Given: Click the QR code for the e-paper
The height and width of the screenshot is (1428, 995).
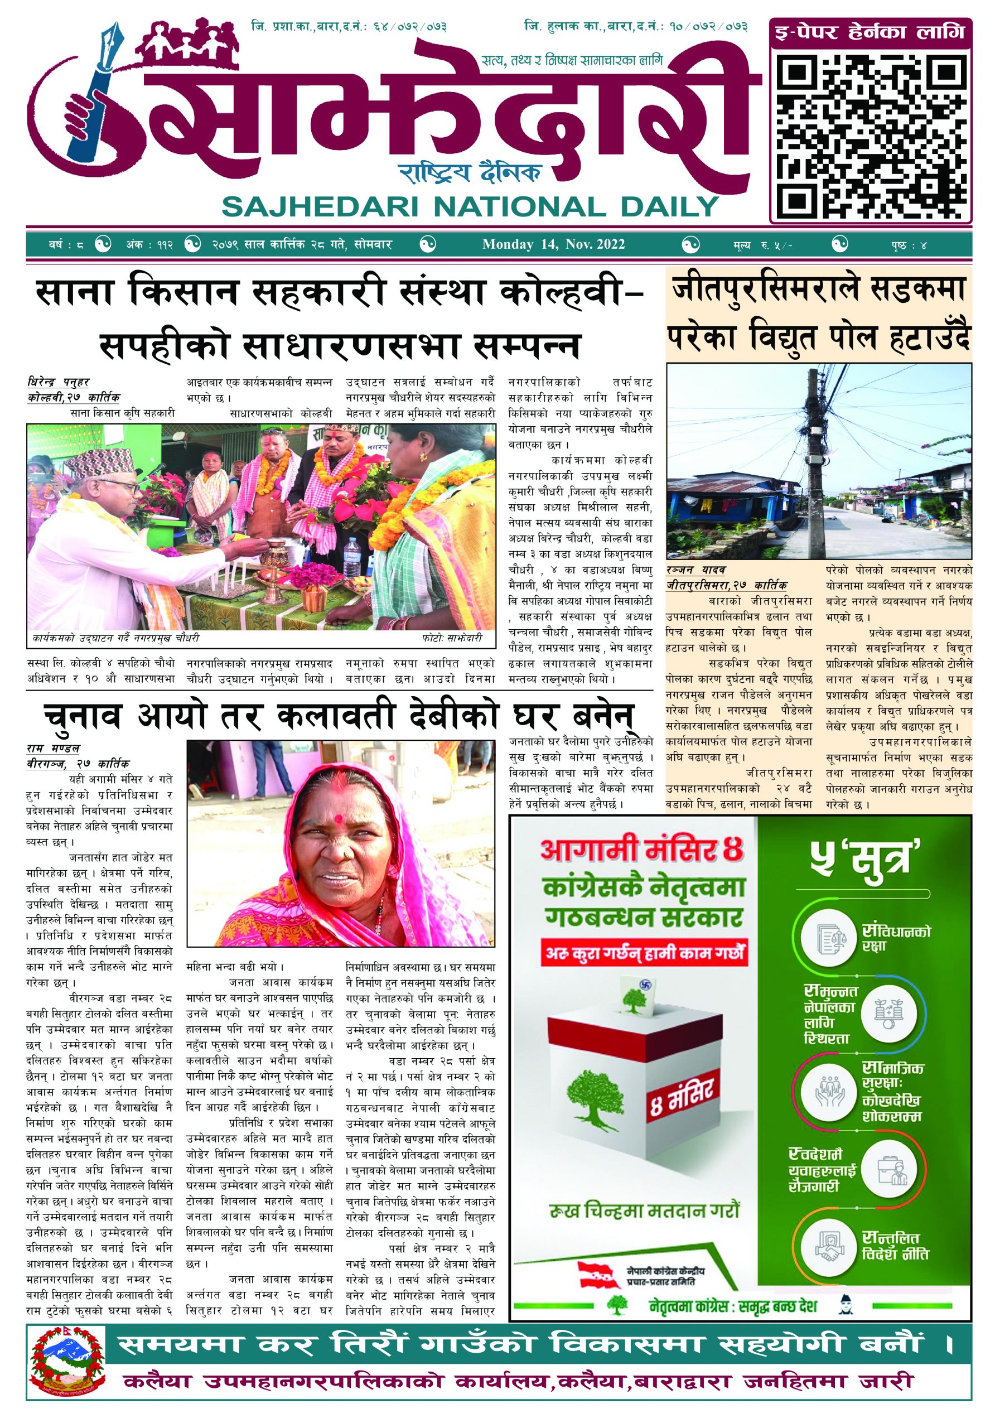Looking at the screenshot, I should click(870, 134).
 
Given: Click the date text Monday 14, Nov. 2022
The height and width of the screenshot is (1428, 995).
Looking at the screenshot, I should click(553, 244).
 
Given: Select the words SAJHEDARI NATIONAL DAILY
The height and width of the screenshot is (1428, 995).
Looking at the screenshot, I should click(470, 206).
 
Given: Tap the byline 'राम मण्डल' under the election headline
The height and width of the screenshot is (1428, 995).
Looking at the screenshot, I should click(54, 748).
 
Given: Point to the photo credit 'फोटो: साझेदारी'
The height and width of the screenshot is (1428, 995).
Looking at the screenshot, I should click(451, 638).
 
